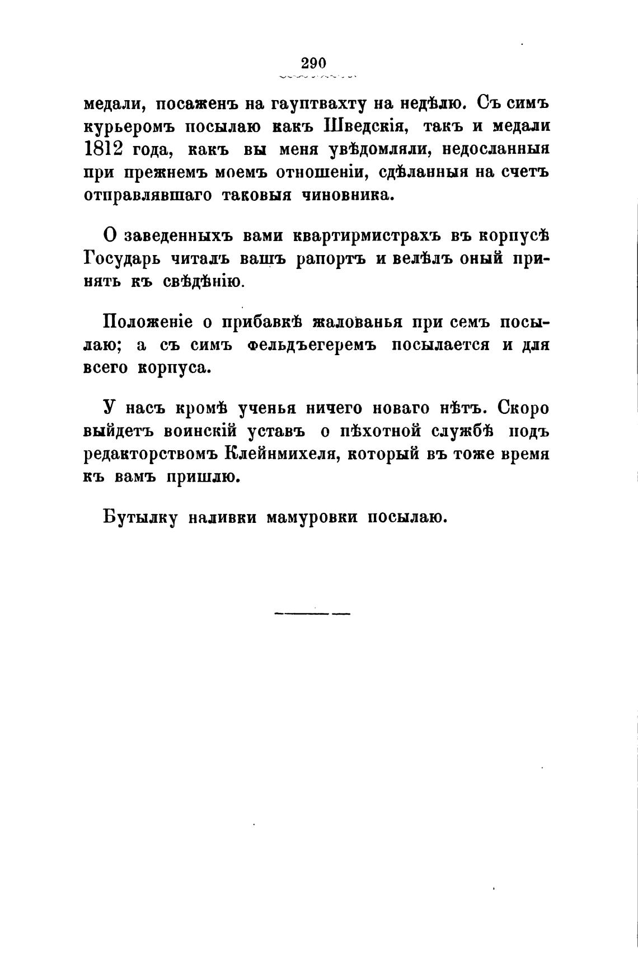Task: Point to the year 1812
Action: tap(103, 150)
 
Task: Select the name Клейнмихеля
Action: tap(280, 454)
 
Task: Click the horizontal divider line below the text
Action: tap(312, 614)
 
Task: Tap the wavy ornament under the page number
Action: tap(318, 75)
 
